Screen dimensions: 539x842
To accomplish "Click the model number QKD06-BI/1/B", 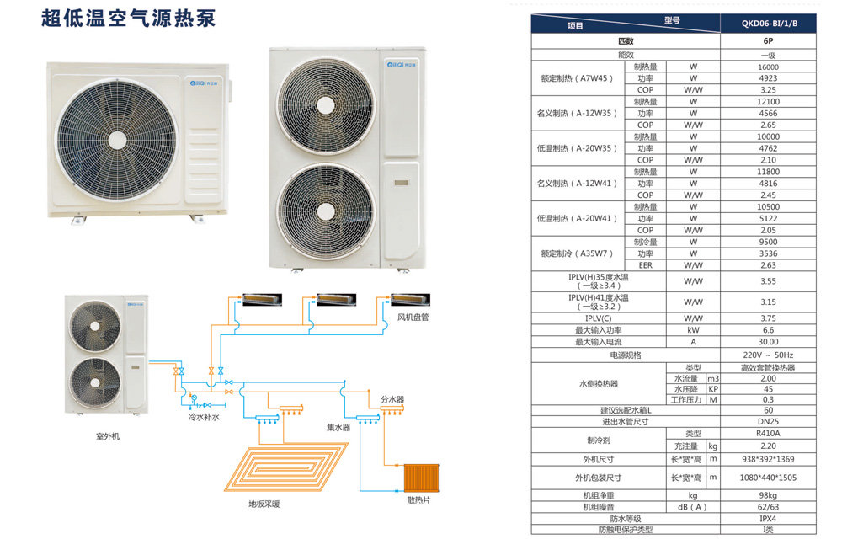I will pos(768,24).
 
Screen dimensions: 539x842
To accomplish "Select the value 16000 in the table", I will pos(768,67).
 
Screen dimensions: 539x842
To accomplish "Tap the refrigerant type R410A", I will pos(768,433).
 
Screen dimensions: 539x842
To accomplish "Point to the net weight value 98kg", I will pos(768,495).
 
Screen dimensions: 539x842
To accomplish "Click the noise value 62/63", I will pos(768,507).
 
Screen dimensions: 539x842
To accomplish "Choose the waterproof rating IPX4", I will pos(768,519).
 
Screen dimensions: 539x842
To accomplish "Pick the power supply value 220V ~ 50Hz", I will pos(768,355).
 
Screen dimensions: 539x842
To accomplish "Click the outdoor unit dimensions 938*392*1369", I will pos(768,460).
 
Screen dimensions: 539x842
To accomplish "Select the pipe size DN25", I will pos(768,422).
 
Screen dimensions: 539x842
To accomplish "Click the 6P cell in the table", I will pos(768,41).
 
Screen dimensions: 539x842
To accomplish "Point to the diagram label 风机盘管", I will pos(413,318).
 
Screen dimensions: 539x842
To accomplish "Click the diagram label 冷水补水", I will pos(204,417).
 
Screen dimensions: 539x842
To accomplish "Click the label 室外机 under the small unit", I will pos(108,437).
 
